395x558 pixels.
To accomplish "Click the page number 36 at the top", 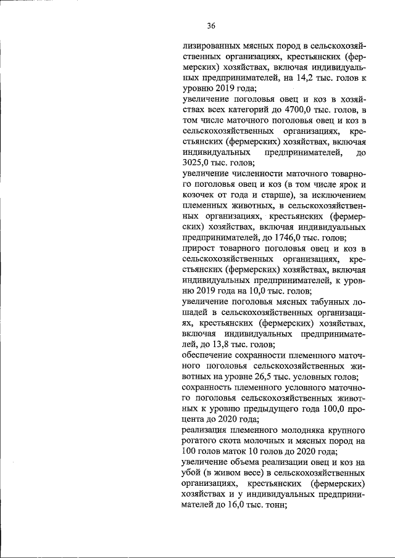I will coord(211,26).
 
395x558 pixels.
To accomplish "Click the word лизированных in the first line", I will coord(210,46).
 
